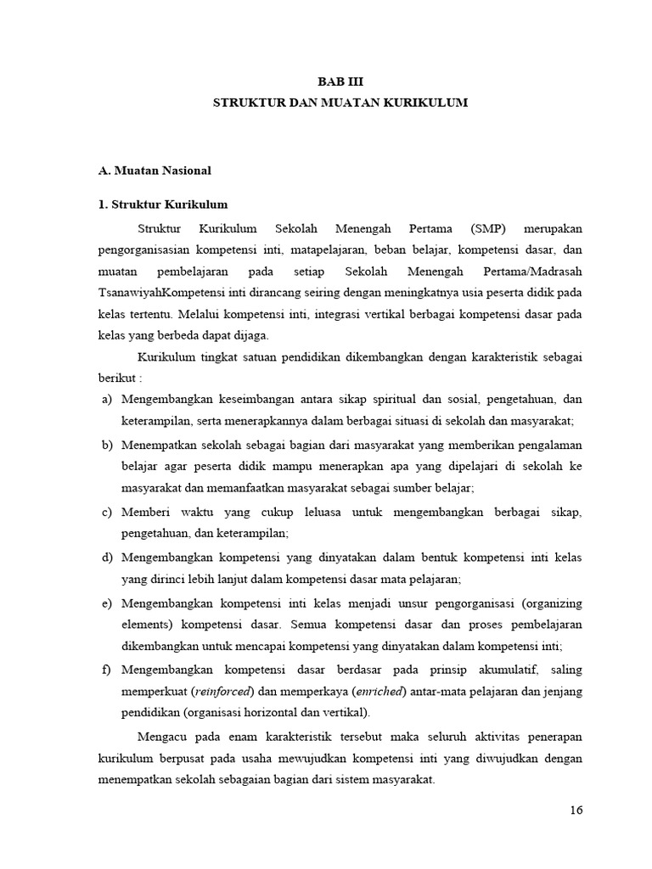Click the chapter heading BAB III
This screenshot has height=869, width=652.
click(340, 82)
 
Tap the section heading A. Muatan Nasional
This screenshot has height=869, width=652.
click(155, 171)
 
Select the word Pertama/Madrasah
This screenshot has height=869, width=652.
click(533, 272)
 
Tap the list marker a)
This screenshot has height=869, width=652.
click(106, 399)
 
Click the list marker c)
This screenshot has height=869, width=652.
click(106, 513)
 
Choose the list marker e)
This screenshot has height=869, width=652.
click(106, 604)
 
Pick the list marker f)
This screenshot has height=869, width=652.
click(106, 670)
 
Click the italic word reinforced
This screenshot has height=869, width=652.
click(228, 692)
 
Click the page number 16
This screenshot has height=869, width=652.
click(576, 810)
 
